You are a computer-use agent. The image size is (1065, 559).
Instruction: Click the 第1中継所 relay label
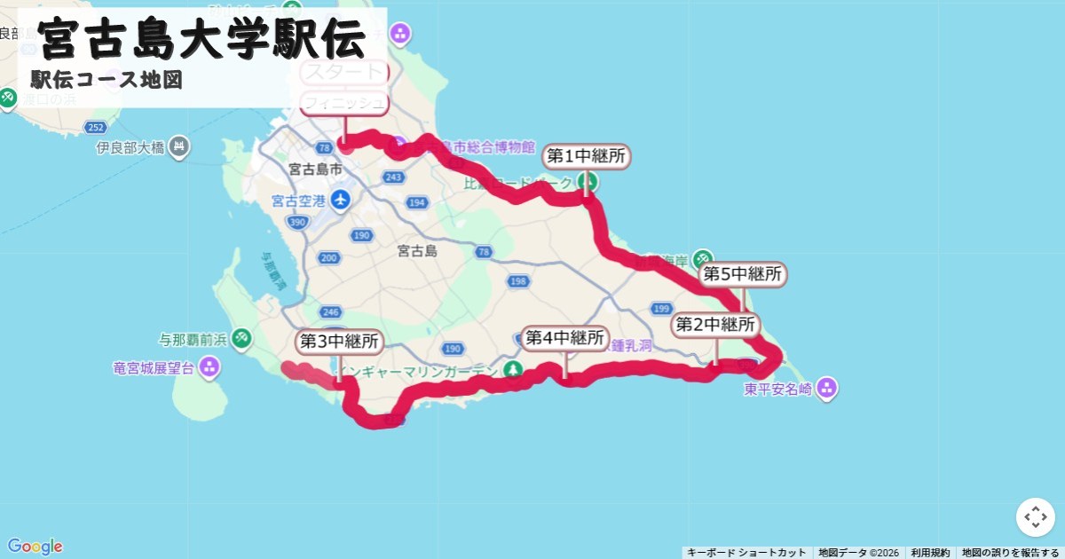[586, 157]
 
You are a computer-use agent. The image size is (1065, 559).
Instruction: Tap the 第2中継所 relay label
[715, 325]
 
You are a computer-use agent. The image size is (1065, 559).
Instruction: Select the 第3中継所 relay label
[339, 342]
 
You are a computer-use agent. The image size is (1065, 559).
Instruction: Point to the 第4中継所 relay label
[564, 338]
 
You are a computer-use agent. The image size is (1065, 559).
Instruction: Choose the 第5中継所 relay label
[743, 275]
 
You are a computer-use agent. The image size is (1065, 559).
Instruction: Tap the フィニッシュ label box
[344, 103]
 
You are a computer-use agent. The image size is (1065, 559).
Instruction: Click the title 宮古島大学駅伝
[202, 38]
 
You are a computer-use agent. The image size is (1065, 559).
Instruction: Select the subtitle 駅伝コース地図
[106, 80]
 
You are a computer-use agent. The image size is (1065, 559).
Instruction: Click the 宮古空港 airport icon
[339, 200]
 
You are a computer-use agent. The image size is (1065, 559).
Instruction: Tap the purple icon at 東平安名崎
[827, 388]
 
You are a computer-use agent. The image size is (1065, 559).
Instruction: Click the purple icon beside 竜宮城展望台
[209, 366]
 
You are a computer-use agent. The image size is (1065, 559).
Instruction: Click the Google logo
[35, 547]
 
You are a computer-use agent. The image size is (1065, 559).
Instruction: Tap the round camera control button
[1036, 517]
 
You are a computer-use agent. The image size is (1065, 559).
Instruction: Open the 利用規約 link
[930, 553]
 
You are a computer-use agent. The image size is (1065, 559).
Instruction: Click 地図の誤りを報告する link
[1010, 553]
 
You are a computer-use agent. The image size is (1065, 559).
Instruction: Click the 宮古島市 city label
[316, 169]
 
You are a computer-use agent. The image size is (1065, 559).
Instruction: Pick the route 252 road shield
[96, 128]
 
